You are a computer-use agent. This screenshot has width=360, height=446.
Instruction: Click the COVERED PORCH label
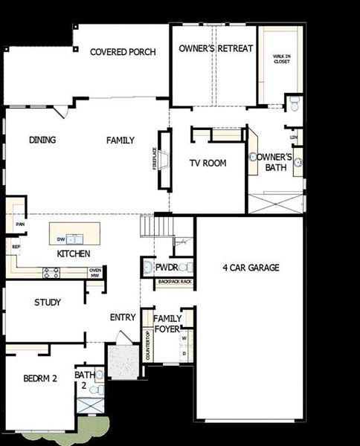(x=123, y=52)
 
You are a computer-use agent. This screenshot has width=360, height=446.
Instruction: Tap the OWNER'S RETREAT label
(x=216, y=48)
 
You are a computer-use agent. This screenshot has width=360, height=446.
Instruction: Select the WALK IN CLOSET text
(x=282, y=58)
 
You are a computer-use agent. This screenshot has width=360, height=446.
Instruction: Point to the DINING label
(x=42, y=140)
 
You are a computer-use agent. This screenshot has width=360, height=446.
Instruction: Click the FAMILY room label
(x=120, y=140)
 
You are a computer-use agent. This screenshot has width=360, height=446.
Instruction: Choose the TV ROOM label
(x=208, y=163)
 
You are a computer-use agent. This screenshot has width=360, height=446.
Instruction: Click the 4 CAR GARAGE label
(x=251, y=268)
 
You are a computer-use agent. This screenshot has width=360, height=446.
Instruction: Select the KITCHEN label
(x=74, y=253)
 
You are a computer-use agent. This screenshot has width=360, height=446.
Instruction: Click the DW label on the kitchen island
(x=61, y=239)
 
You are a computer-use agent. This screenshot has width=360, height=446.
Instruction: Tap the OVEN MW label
(x=94, y=273)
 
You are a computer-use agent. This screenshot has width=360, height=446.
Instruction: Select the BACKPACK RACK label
(x=176, y=282)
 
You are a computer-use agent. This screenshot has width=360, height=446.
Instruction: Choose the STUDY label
(x=48, y=303)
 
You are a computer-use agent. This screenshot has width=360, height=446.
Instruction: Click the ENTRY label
(x=123, y=317)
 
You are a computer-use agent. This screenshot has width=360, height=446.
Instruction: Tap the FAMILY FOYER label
(x=167, y=323)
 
